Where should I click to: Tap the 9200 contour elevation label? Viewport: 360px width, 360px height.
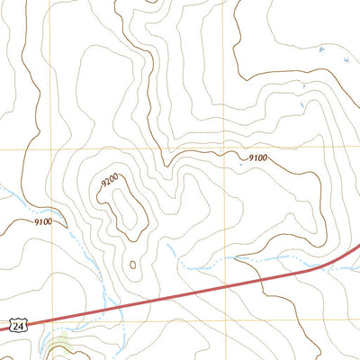coord(110,182)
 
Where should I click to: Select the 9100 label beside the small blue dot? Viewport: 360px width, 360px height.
coord(258,158)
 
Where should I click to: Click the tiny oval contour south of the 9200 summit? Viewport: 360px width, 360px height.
coord(133,265)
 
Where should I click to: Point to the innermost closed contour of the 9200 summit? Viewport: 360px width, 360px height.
coord(126,207)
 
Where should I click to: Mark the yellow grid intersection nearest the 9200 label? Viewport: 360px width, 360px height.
coord(52,149)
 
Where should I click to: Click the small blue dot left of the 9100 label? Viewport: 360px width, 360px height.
coord(241,164)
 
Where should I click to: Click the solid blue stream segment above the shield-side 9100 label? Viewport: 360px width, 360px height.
coord(13,191)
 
